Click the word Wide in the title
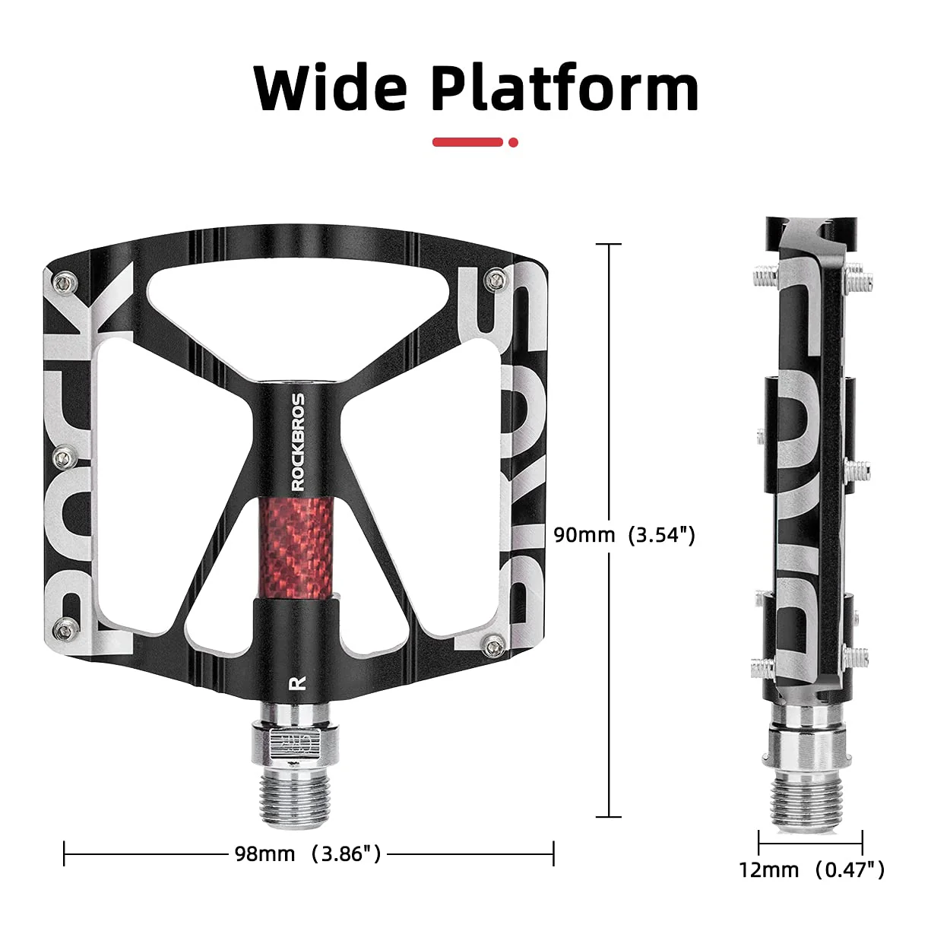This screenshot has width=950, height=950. pos(330,89)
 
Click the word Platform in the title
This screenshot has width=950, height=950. pos(564,89)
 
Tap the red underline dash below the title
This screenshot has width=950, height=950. pos(467,142)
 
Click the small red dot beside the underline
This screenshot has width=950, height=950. pos(514,142)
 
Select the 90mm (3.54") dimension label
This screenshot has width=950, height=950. pos(624,535)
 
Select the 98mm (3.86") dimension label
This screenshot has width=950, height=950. pos(307,853)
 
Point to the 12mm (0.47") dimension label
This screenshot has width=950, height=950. pos(812,869)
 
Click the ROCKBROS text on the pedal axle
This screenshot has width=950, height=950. pos(299,441)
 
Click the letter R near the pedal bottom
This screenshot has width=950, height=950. pos(297,682)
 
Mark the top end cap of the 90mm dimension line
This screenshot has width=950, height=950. pos(609,244)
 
